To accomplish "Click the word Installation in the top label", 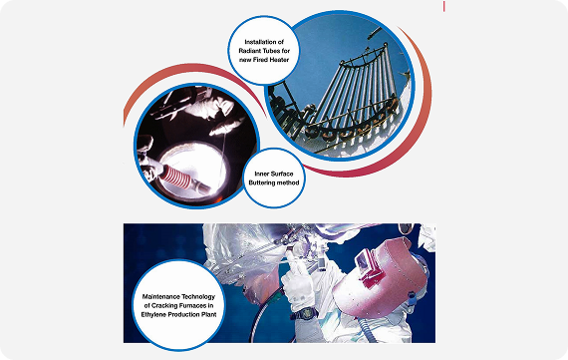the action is pos(260,42).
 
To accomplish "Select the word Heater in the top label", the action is pos(279,60).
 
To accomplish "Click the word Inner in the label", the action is pos(261,175).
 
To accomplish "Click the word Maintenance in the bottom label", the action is pos(159,296).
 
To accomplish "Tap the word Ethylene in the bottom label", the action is pos(152,314).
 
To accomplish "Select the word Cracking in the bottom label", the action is pos(163,305).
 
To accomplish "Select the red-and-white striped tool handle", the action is pos(175,178).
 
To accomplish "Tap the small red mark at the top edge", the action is pos(443,6).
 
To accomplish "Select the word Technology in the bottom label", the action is pos(197,296).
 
